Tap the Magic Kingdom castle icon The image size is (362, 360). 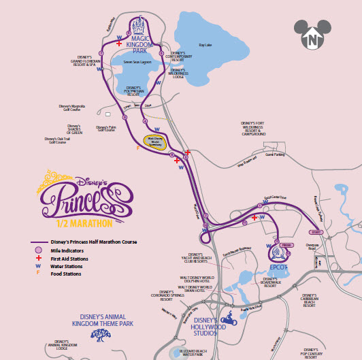coord(139,28)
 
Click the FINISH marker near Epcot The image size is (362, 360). coord(286,244)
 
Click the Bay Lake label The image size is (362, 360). coord(206,45)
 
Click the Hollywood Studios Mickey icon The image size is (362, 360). coord(229,316)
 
